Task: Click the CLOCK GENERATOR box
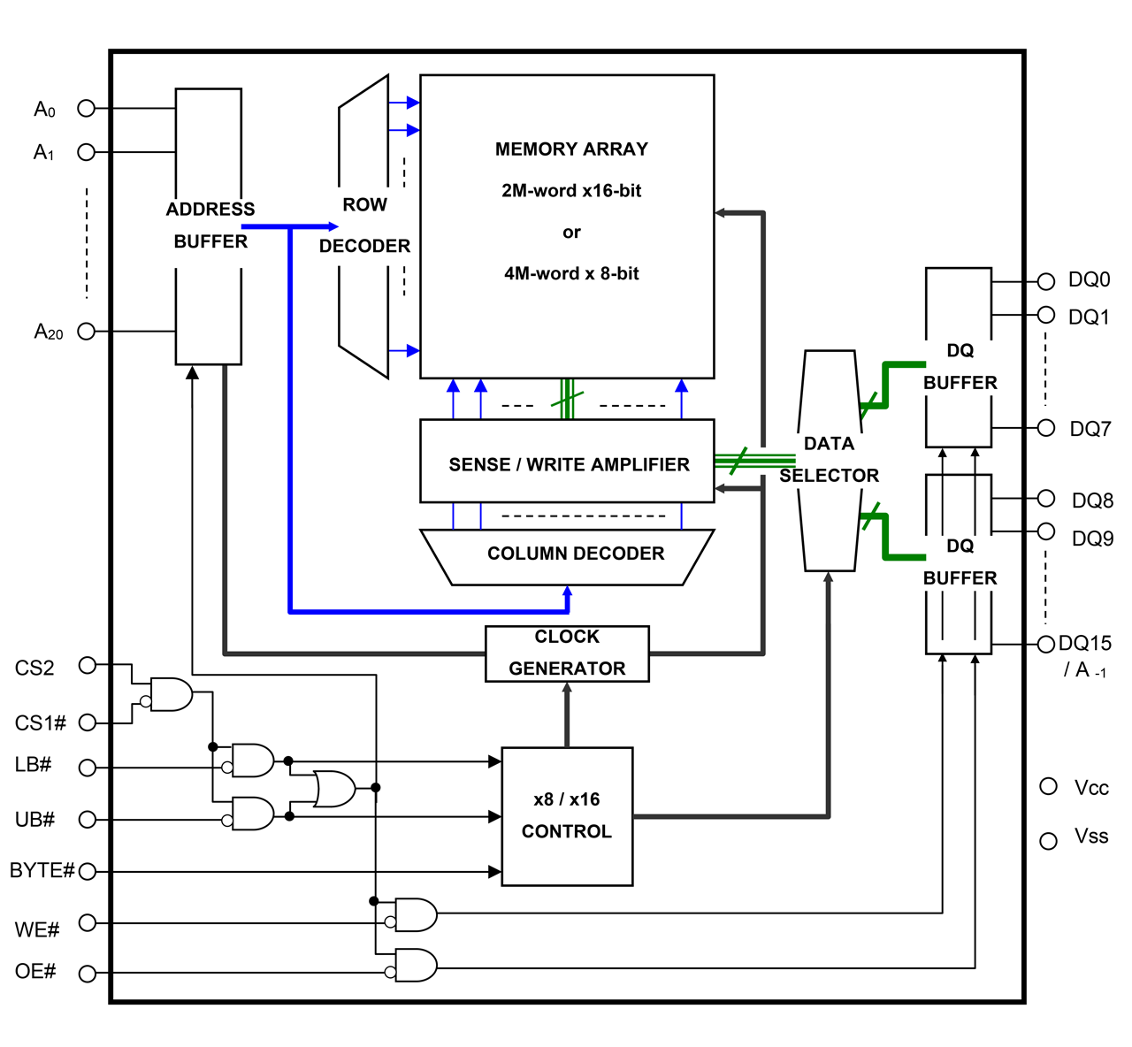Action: (x=567, y=653)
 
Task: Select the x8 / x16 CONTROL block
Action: (x=567, y=816)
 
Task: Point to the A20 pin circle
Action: (x=87, y=332)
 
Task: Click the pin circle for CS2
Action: (x=87, y=665)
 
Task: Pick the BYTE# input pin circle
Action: (x=87, y=872)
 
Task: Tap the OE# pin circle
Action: (x=87, y=974)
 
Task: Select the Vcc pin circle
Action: (x=1049, y=786)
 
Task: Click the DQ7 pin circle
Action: (x=1046, y=428)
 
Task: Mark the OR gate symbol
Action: (x=334, y=788)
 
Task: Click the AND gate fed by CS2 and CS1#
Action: (x=172, y=695)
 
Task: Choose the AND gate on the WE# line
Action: (x=416, y=915)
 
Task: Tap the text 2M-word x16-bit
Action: (x=571, y=190)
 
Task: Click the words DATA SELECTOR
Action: (x=829, y=459)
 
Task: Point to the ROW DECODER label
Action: (x=364, y=225)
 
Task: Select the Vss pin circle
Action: (x=1049, y=841)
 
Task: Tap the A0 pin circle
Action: (x=87, y=108)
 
